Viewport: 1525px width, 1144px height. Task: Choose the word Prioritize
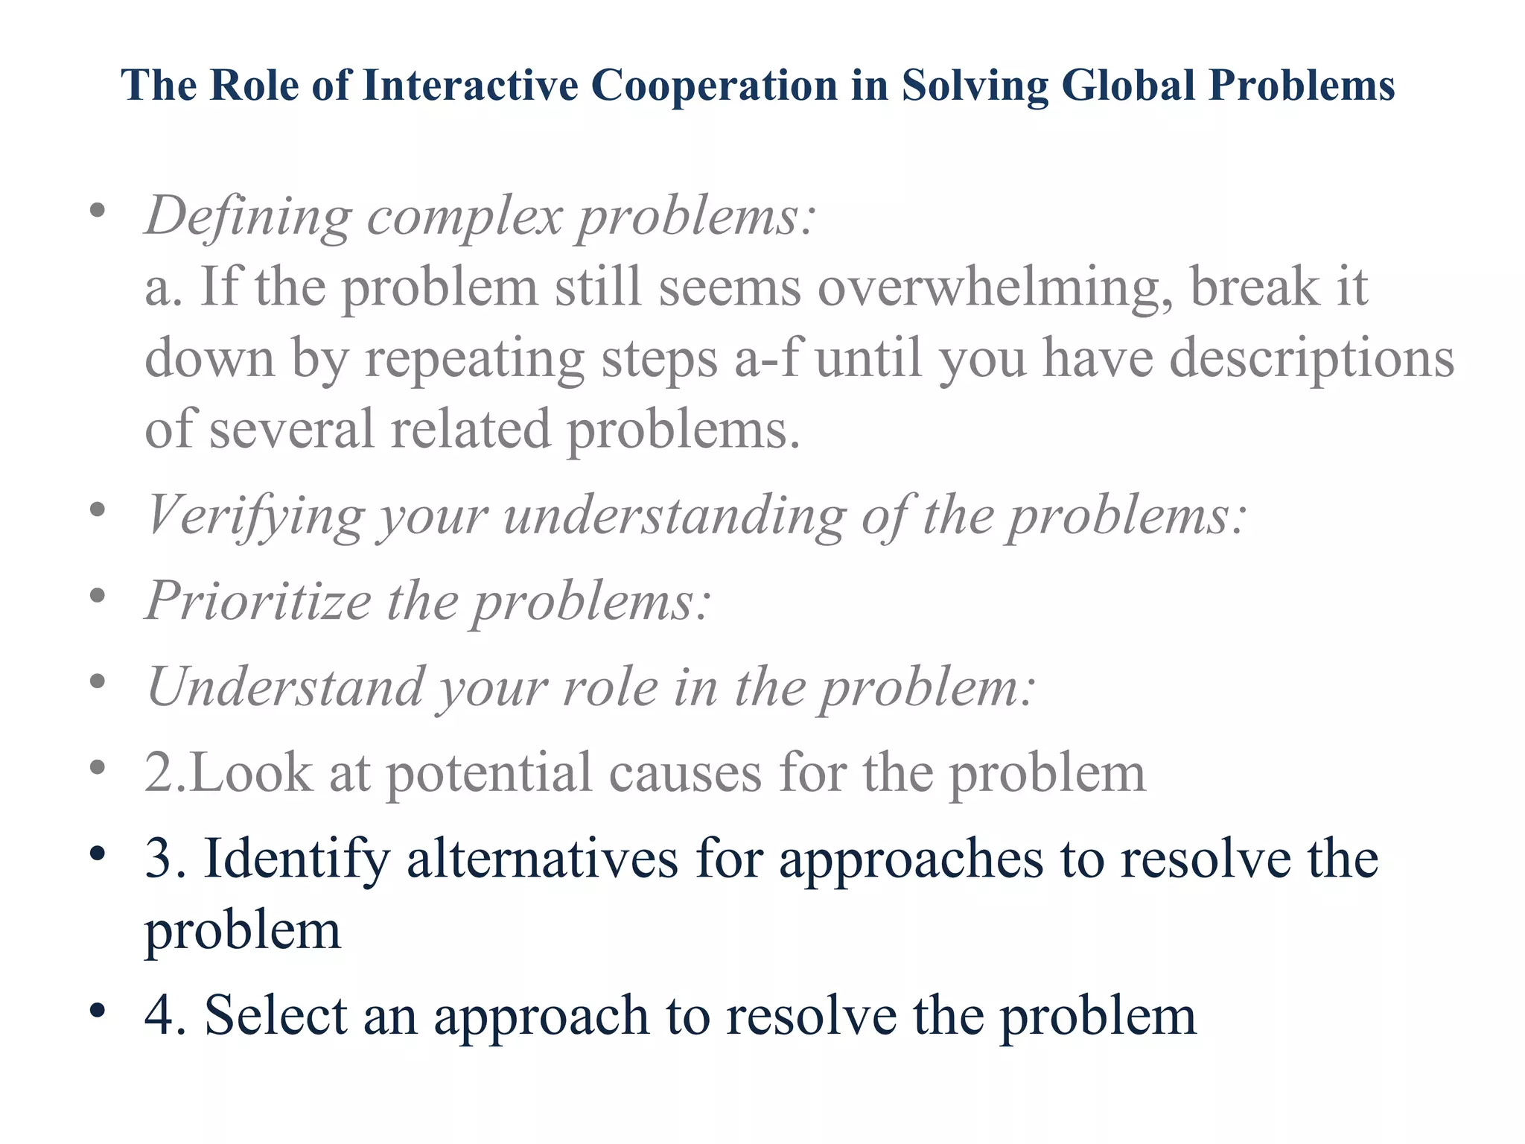click(x=258, y=601)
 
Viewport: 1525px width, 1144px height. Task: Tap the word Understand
click(x=284, y=687)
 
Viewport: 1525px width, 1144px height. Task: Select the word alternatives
click(x=542, y=859)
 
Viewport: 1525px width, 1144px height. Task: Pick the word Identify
click(x=296, y=859)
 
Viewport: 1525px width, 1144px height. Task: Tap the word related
click(x=470, y=430)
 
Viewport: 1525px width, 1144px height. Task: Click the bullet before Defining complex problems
click(x=97, y=212)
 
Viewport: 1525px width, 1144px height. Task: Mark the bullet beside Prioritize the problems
click(x=97, y=596)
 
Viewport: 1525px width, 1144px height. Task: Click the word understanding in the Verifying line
click(x=675, y=516)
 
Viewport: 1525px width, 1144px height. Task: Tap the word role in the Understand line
click(x=611, y=687)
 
